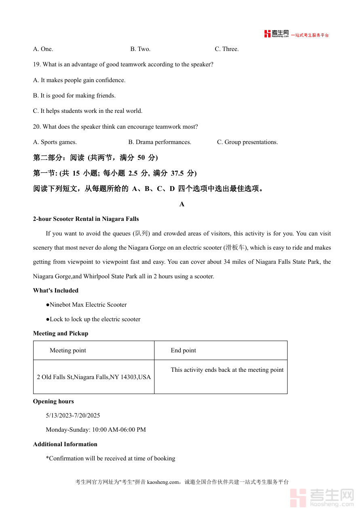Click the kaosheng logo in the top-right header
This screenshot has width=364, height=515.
pyautogui.click(x=277, y=34)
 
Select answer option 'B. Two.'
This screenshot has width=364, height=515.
pyautogui.click(x=140, y=49)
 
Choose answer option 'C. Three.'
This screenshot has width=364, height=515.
pyautogui.click(x=226, y=49)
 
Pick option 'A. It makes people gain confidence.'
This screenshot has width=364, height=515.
pyautogui.click(x=79, y=80)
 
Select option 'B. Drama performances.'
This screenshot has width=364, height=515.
pyautogui.click(x=160, y=142)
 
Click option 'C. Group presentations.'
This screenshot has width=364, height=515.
pyautogui.click(x=247, y=142)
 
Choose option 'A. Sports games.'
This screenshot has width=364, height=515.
pyautogui.click(x=55, y=142)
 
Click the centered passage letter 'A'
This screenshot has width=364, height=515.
pyautogui.click(x=182, y=204)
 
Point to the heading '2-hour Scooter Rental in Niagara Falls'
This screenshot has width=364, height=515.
pyautogui.click(x=86, y=219)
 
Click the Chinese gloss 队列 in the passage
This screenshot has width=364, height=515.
pyautogui.click(x=142, y=233)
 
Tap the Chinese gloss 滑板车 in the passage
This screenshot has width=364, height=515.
pyautogui.click(x=235, y=248)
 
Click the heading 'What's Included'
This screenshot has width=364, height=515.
pyautogui.click(x=56, y=290)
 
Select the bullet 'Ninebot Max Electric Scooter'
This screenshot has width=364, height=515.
pyautogui.click(x=88, y=305)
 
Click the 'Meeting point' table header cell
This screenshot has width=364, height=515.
pyautogui.click(x=68, y=350)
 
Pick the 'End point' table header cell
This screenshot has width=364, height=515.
pyautogui.click(x=183, y=350)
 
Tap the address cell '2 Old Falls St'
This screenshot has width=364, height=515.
pyautogui.click(x=94, y=377)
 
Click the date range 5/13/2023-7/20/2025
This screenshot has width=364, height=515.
pyautogui.click(x=73, y=415)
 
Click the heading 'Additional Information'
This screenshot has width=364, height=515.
pyautogui.click(x=65, y=444)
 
